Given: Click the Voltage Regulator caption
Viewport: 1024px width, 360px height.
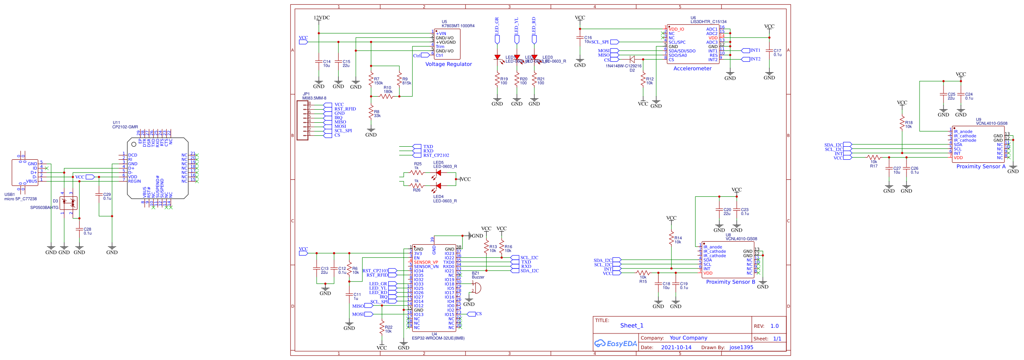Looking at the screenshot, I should click(x=448, y=64).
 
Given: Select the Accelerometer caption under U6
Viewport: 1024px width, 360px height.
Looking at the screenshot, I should click(x=692, y=68).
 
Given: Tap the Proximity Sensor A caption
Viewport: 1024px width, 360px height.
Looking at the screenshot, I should click(x=981, y=166).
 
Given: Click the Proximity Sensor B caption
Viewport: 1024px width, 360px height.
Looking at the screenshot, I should click(x=731, y=282).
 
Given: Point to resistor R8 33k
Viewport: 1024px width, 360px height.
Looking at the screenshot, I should click(x=371, y=114).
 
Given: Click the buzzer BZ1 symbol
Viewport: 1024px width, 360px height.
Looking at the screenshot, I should click(x=477, y=287).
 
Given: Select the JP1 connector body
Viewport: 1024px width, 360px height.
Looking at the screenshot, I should click(x=303, y=120).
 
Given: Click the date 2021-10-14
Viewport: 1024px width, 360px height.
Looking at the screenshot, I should click(x=676, y=347).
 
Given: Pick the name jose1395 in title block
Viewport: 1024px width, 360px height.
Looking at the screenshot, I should click(x=741, y=347).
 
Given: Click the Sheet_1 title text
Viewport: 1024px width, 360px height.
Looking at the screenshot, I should click(x=631, y=325).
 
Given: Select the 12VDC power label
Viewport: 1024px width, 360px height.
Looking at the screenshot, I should click(x=322, y=18).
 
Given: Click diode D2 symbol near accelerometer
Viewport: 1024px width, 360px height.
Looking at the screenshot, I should click(x=632, y=59).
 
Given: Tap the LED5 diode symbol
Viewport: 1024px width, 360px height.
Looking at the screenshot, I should click(x=438, y=173).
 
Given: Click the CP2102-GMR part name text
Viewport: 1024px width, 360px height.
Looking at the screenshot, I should click(x=125, y=127).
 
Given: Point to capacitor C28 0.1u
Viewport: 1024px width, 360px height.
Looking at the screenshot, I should click(x=79, y=229).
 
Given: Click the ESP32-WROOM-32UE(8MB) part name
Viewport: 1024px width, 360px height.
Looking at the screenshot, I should click(x=438, y=338).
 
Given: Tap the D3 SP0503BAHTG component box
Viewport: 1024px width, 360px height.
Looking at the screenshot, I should click(x=68, y=202).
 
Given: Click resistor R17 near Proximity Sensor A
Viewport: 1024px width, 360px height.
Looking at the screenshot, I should click(x=873, y=157).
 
